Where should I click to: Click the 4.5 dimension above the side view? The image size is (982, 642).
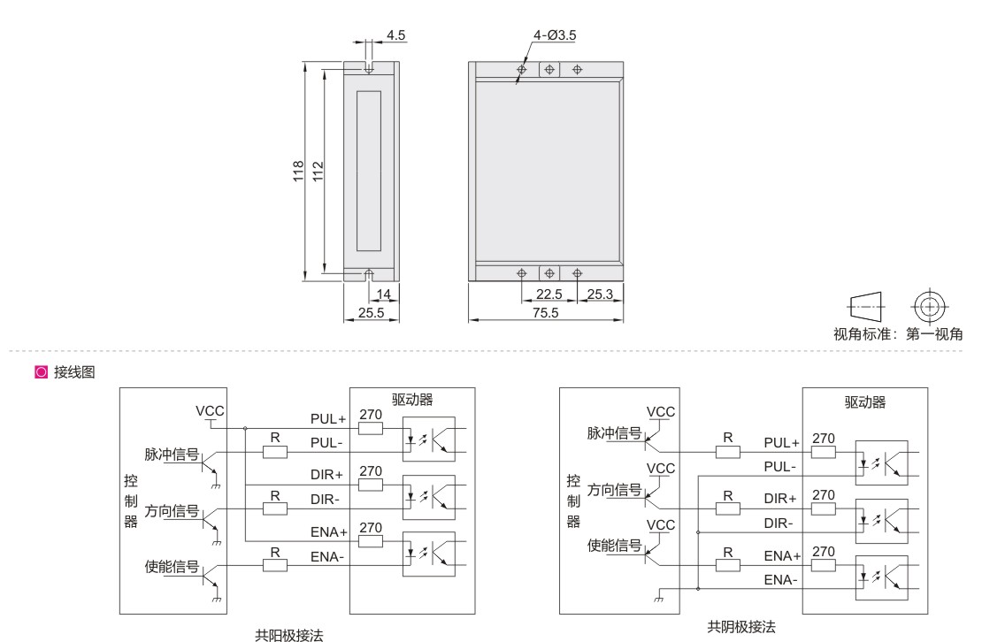point(396,35)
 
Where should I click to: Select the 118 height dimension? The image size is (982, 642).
point(298,171)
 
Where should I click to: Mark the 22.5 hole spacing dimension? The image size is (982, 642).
point(549,294)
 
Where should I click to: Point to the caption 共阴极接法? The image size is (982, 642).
point(741,626)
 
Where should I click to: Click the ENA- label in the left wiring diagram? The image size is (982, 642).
point(327,557)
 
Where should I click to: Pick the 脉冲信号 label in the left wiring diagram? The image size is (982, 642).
point(172,455)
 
